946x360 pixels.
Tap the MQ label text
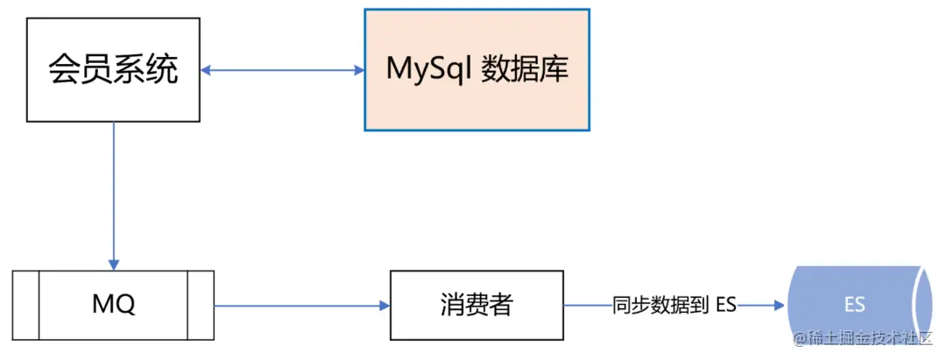[114, 305]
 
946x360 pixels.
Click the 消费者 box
[477, 305]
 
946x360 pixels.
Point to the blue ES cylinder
[854, 305]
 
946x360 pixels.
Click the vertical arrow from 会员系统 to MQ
[114, 193]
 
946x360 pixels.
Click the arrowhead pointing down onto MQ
[114, 264]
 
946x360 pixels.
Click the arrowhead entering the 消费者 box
[384, 306]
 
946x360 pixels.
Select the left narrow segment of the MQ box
[25, 305]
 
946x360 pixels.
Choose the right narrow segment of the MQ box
[201, 305]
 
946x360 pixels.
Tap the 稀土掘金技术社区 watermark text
[867, 339]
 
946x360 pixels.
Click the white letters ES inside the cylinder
[854, 306]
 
